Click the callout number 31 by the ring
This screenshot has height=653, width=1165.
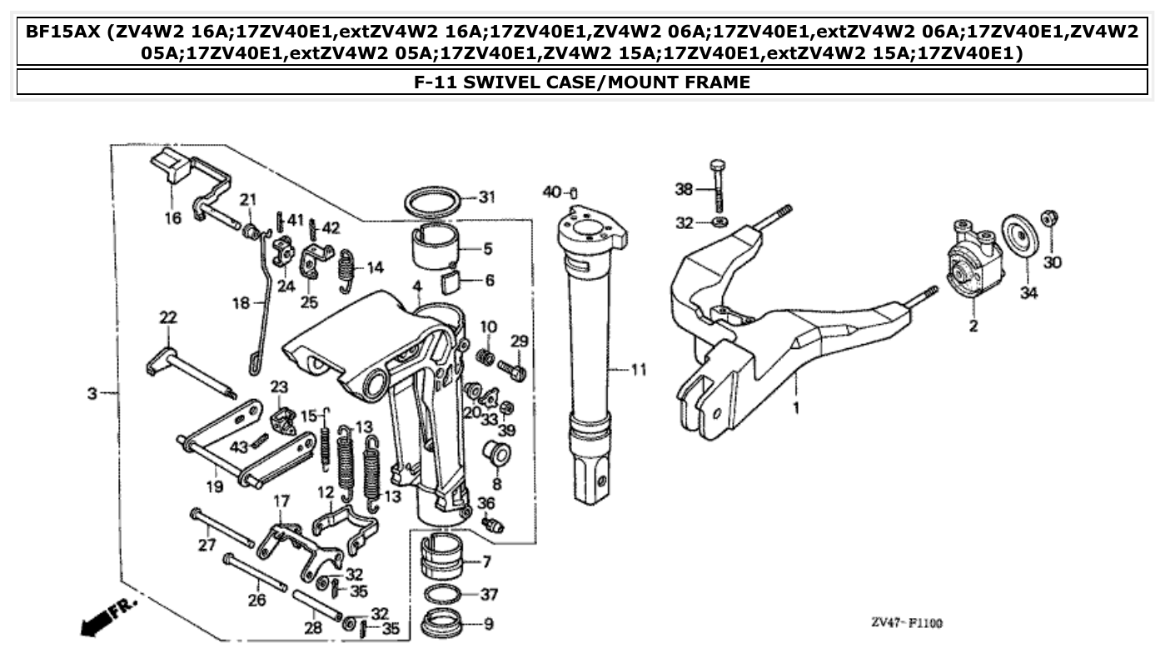486,197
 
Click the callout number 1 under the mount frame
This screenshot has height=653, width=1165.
795,409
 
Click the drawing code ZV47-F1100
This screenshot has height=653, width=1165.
908,622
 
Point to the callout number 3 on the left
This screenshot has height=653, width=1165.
92,392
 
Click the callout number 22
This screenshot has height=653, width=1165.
168,317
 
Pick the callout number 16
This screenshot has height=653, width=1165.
172,219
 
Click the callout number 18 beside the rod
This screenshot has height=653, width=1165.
241,303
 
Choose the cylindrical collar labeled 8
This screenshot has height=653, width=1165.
497,455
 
